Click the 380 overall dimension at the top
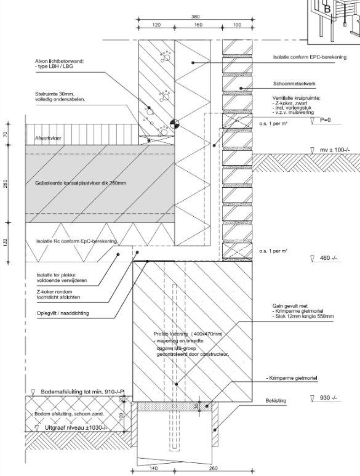[195, 16]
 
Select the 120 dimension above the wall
[156, 25]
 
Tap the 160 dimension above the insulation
[198, 25]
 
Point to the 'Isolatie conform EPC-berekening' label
[310, 57]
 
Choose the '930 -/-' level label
[328, 398]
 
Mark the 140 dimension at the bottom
[154, 469]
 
